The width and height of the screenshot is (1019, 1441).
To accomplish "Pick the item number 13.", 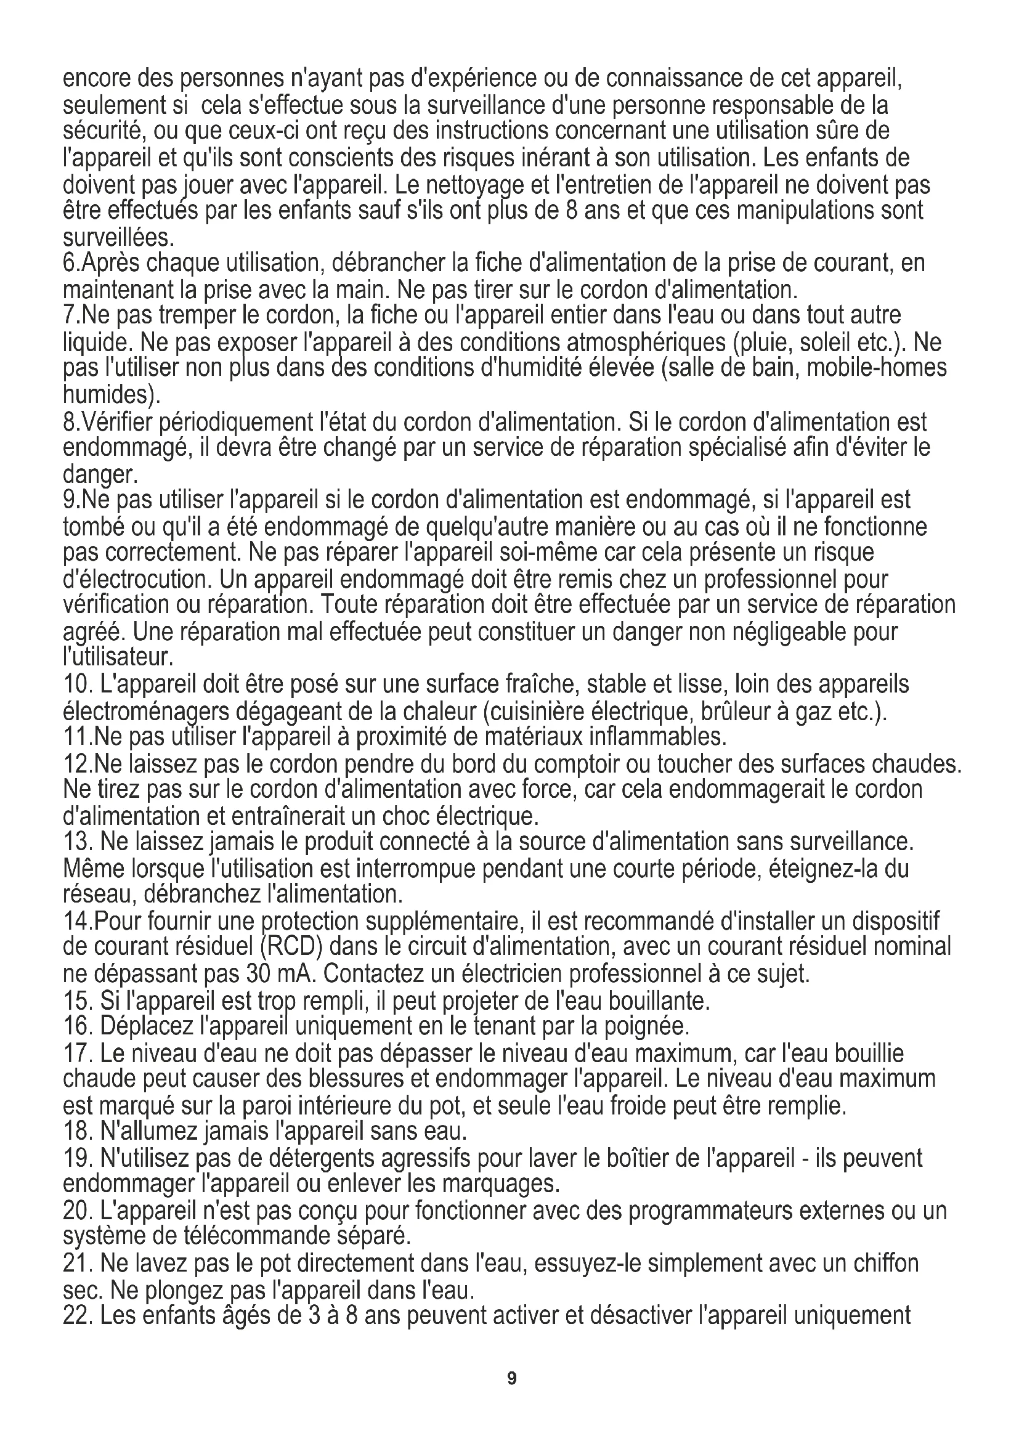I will (x=78, y=841).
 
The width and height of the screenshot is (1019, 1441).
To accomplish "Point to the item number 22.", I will (x=78, y=1314).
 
